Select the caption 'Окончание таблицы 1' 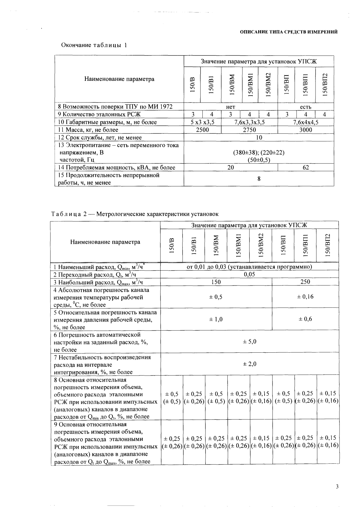(94, 45)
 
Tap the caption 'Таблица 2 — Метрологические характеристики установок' (135, 214)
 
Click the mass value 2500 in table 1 (202, 130)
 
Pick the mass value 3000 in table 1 (306, 130)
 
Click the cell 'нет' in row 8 (231, 107)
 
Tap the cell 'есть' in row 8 (306, 107)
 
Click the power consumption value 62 (306, 167)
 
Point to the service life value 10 (259, 138)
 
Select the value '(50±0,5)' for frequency (259, 160)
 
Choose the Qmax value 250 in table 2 (305, 282)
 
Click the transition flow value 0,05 (249, 274)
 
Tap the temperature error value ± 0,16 (305, 297)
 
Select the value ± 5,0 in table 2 (249, 341)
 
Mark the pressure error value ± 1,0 (216, 319)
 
